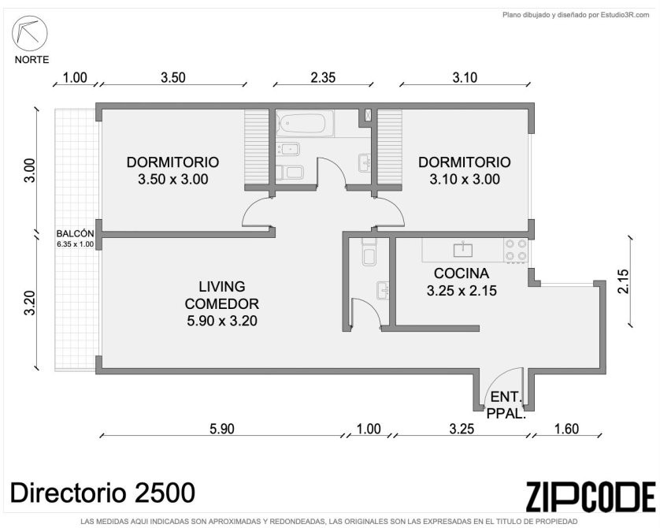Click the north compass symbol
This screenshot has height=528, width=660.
(29, 33)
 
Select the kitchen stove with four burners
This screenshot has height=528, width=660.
(516, 250)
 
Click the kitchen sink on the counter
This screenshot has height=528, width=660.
(462, 249)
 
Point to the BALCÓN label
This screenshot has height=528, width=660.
(75, 234)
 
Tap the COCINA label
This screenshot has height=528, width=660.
(462, 273)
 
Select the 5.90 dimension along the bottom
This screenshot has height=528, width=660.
(222, 429)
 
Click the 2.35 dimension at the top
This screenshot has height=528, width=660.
(323, 77)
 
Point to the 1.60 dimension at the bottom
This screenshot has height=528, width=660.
(566, 429)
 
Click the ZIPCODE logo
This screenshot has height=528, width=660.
(591, 497)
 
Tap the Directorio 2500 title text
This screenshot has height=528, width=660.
(102, 493)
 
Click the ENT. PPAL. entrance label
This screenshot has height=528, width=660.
(506, 405)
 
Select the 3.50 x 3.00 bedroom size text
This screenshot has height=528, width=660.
(173, 180)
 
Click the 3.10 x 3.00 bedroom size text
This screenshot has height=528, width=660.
(465, 180)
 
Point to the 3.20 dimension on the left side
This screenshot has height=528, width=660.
(29, 303)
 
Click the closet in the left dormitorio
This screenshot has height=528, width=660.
(257, 147)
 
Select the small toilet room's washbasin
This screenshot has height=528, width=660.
(383, 290)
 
